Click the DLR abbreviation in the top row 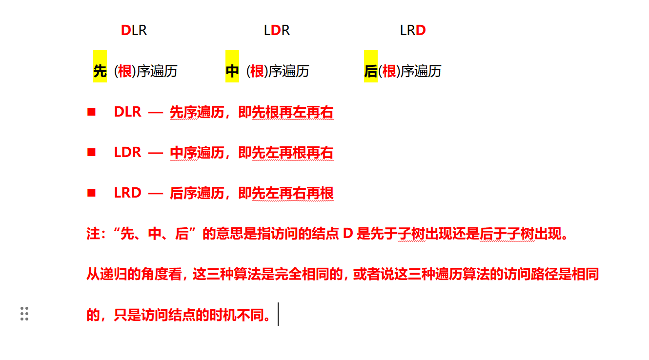pyautogui.click(x=134, y=31)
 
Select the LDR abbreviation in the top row pyautogui.click(x=277, y=31)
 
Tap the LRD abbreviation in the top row pyautogui.click(x=413, y=31)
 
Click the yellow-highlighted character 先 pyautogui.click(x=100, y=71)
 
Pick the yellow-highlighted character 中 pyautogui.click(x=232, y=71)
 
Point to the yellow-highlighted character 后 pyautogui.click(x=371, y=71)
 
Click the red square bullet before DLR pyautogui.click(x=91, y=112)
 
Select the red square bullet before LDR pyautogui.click(x=91, y=153)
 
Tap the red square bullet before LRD pyautogui.click(x=91, y=193)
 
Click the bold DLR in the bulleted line pyautogui.click(x=127, y=112)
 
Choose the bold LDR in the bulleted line pyautogui.click(x=127, y=153)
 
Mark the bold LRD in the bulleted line pyautogui.click(x=127, y=193)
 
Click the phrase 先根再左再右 pyautogui.click(x=293, y=113)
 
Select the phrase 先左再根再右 pyautogui.click(x=293, y=153)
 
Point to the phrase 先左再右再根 pyautogui.click(x=293, y=194)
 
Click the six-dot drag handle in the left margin pyautogui.click(x=24, y=314)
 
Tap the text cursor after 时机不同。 pyautogui.click(x=278, y=314)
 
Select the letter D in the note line pyautogui.click(x=347, y=234)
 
